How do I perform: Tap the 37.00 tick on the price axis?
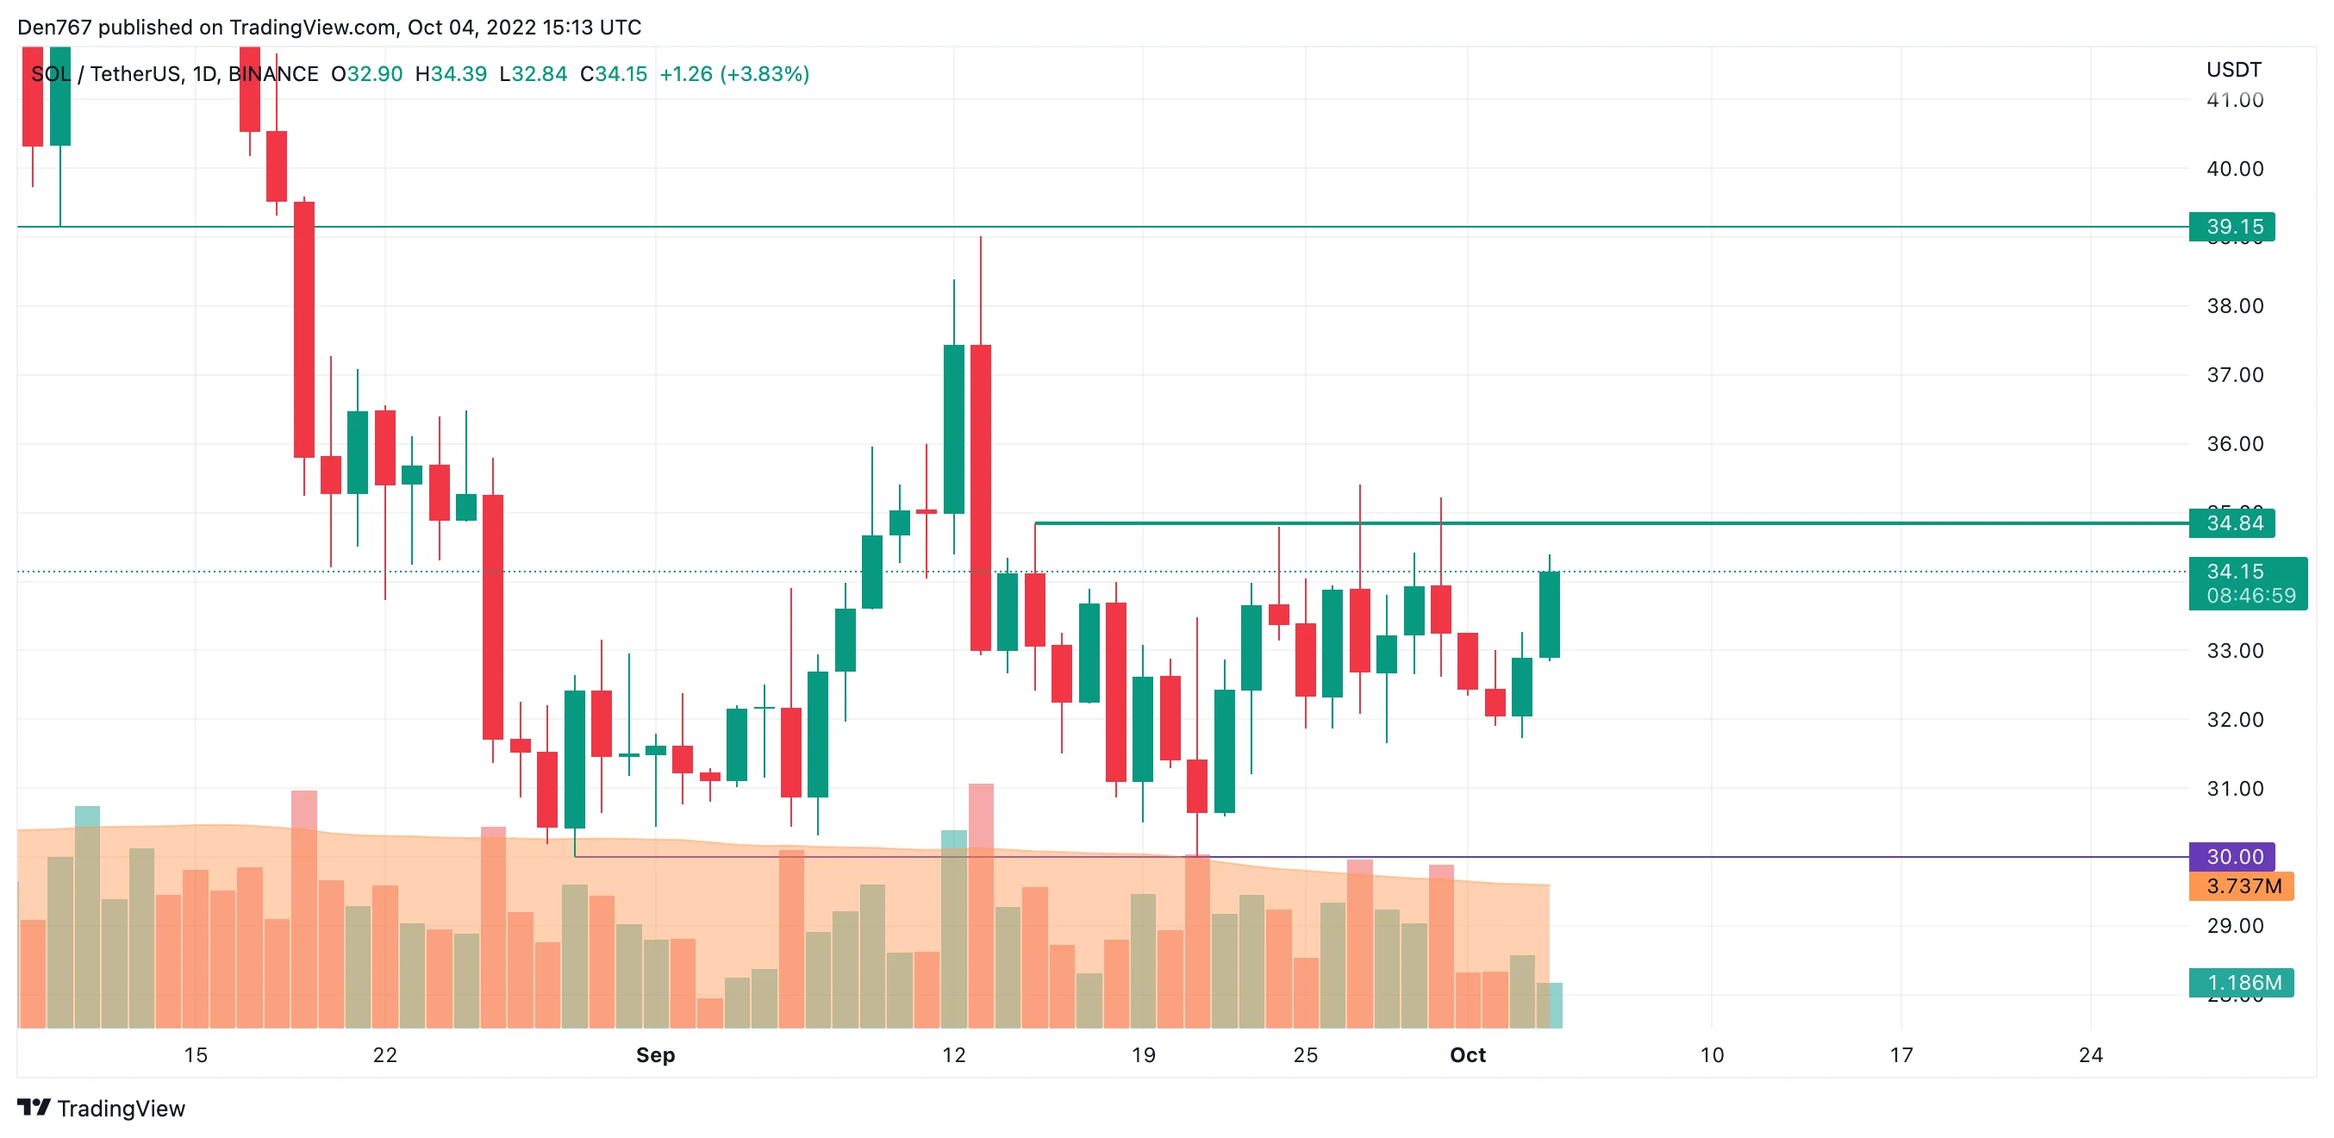point(2234,375)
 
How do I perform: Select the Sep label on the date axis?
point(655,1054)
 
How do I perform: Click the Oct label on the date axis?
point(1467,1054)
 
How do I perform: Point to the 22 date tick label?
point(385,1054)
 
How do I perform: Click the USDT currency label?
point(2232,70)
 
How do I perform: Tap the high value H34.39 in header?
point(450,74)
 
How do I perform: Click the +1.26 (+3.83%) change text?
point(734,74)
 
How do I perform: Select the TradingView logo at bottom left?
point(101,1108)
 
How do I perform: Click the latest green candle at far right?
point(1549,615)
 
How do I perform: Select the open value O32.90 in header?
point(366,74)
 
